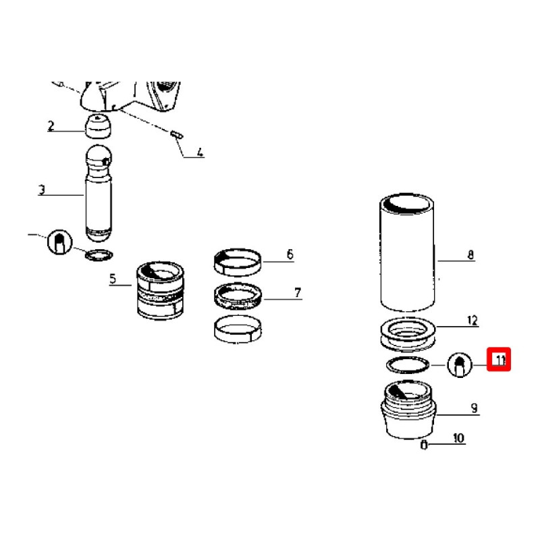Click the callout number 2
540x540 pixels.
click(x=51, y=126)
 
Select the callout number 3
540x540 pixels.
click(x=42, y=190)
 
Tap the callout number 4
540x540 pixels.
click(x=200, y=152)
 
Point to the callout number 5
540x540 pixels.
click(x=113, y=279)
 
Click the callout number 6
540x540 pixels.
click(x=290, y=254)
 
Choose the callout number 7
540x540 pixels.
click(x=298, y=293)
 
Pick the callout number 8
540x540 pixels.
click(x=470, y=255)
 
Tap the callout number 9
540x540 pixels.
click(x=475, y=408)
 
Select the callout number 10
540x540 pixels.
click(x=459, y=438)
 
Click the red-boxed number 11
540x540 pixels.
click(x=499, y=360)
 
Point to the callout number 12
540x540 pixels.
click(x=473, y=321)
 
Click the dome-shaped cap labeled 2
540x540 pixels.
click(x=99, y=126)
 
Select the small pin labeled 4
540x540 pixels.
click(x=177, y=134)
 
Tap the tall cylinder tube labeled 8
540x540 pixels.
click(x=407, y=252)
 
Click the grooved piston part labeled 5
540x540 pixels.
click(x=160, y=290)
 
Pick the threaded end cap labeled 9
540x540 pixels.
click(x=408, y=410)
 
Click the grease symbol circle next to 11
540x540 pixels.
click(x=460, y=365)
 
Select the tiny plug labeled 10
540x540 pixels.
click(x=424, y=445)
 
